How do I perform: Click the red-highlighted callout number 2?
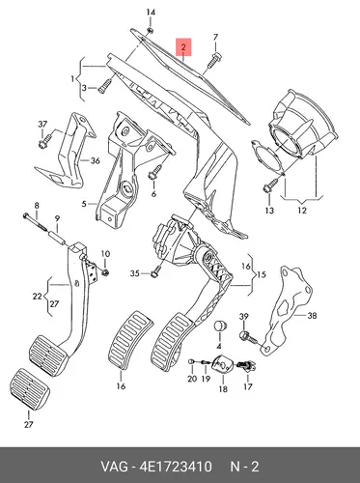pyautogui.click(x=183, y=47)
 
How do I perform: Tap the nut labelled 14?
pyautogui.click(x=150, y=30)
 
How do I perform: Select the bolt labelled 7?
pyautogui.click(x=214, y=60)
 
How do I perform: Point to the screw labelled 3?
pyautogui.click(x=104, y=86)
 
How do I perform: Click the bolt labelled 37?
pyautogui.click(x=44, y=141)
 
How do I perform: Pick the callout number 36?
pyautogui.click(x=95, y=160)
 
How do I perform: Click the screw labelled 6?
pyautogui.click(x=155, y=172)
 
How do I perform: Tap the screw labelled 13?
pyautogui.click(x=271, y=185)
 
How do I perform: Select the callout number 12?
pyautogui.click(x=302, y=211)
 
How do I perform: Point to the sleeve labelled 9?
pyautogui.click(x=57, y=238)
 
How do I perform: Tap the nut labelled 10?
pyautogui.click(x=105, y=272)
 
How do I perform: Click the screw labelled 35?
pyautogui.click(x=155, y=270)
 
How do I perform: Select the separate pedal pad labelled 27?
pyautogui.click(x=29, y=389)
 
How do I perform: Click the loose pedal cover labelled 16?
pyautogui.click(x=129, y=339)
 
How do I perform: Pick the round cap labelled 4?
pyautogui.click(x=221, y=326)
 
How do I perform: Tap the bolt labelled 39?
pyautogui.click(x=248, y=336)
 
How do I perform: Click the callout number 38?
pyautogui.click(x=312, y=316)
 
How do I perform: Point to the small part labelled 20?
pyautogui.click(x=191, y=361)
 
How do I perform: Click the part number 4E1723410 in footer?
pyautogui.click(x=176, y=467)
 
